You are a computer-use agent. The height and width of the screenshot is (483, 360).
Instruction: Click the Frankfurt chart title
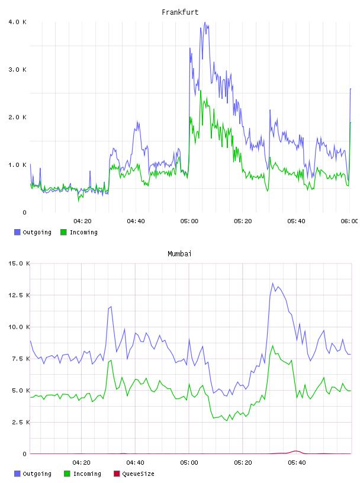tap(180, 12)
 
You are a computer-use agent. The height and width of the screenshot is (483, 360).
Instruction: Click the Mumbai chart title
tap(179, 254)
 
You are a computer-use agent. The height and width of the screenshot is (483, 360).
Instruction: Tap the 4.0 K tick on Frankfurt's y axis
tap(18, 22)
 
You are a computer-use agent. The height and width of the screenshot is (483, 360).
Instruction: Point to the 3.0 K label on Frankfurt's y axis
tap(18, 70)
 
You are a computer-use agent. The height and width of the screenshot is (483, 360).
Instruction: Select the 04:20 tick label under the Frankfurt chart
tap(82, 221)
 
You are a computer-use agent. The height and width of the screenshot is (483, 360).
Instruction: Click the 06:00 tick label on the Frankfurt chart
tap(349, 221)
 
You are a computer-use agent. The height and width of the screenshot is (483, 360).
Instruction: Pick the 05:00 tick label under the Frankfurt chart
tap(189, 221)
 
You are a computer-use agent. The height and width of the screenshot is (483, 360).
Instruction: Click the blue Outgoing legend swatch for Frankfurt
tap(17, 232)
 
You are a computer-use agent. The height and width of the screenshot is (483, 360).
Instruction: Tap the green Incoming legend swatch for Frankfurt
tap(63, 232)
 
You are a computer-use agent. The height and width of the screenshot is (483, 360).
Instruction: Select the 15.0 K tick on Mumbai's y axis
tap(19, 263)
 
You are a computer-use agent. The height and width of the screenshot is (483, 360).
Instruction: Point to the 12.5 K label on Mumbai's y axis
tap(19, 295)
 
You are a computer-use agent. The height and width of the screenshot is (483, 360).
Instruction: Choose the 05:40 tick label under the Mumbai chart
tap(297, 463)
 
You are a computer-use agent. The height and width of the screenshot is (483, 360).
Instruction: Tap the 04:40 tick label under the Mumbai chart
tap(136, 463)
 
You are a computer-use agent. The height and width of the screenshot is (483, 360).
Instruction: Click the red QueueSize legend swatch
tap(117, 474)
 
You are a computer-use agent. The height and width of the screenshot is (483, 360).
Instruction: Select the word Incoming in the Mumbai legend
tap(87, 474)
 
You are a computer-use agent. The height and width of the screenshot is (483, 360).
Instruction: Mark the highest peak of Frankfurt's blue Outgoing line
tap(205, 22)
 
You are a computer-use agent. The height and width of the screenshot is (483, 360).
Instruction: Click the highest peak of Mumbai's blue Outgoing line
tap(272, 283)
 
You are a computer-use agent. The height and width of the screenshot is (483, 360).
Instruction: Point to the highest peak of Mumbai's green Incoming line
tap(272, 346)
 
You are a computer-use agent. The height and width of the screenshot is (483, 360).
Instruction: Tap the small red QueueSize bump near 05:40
tap(296, 451)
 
